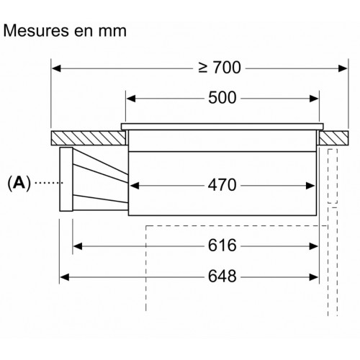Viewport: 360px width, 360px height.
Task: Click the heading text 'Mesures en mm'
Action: click(x=65, y=31)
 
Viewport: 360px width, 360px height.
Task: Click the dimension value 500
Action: click(x=222, y=98)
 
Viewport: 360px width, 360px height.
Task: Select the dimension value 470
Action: click(x=222, y=185)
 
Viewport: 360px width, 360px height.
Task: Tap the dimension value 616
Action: click(x=222, y=246)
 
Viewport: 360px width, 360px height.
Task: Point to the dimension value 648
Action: click(x=222, y=276)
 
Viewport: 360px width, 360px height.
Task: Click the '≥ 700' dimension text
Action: click(x=220, y=68)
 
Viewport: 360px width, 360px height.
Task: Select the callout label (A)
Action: click(x=19, y=183)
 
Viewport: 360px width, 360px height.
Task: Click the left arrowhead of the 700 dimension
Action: click(x=56, y=68)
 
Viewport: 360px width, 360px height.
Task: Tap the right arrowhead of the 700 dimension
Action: click(x=343, y=68)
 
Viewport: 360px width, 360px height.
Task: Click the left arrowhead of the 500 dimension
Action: click(x=131, y=99)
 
